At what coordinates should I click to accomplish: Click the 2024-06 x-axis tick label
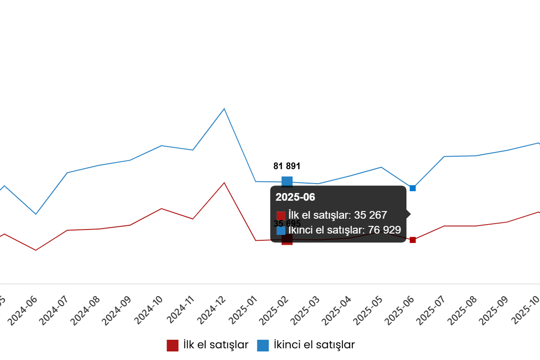tap(22, 311)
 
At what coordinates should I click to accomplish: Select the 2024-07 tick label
tap(54, 311)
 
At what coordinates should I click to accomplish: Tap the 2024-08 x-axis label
tap(85, 311)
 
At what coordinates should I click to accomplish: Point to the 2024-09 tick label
tap(117, 311)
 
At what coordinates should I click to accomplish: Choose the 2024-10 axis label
tap(148, 311)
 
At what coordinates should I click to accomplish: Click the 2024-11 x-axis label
tap(180, 311)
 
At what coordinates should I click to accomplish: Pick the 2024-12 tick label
tap(211, 311)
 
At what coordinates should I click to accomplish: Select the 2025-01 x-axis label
tap(243, 311)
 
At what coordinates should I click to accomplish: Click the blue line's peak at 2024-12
tap(224, 108)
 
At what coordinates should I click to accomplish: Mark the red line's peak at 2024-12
tap(224, 183)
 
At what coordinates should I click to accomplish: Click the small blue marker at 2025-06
tap(413, 188)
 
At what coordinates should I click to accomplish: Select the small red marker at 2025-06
tap(413, 240)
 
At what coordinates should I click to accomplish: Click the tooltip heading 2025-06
tap(295, 197)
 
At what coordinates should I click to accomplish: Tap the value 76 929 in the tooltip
tap(384, 230)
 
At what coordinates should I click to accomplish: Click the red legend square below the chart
tap(172, 346)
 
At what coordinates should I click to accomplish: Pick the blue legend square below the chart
tap(263, 346)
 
